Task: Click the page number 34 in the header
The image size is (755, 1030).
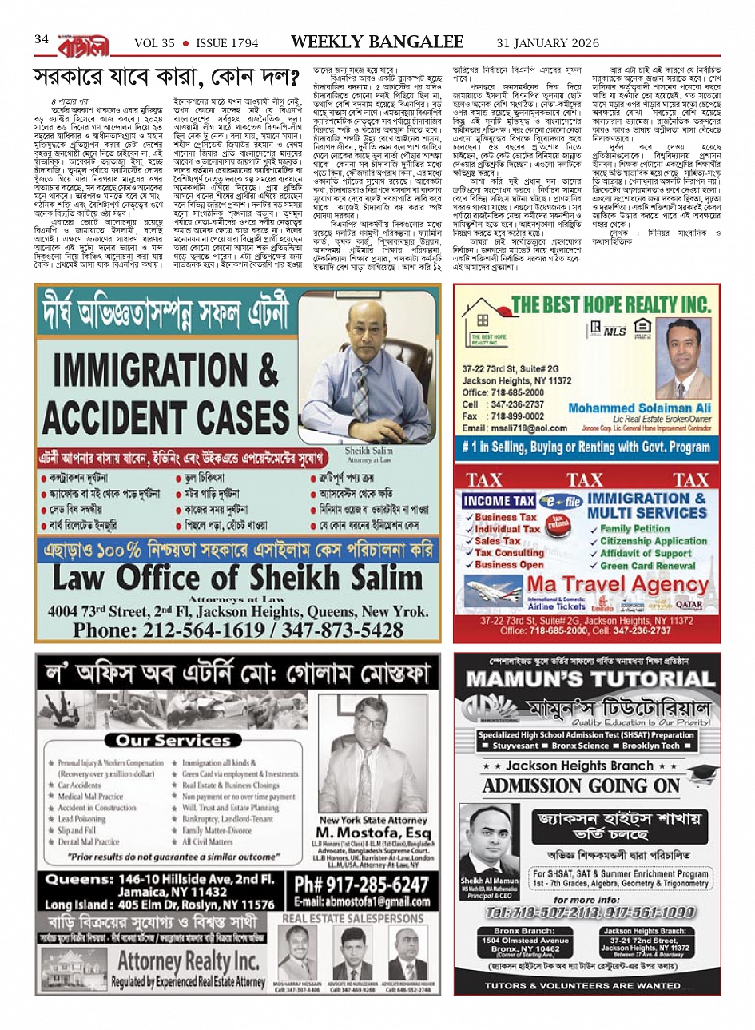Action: pos(42,39)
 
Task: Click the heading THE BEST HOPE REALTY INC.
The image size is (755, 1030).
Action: pos(610,305)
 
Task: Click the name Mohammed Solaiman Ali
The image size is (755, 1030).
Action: pos(639,408)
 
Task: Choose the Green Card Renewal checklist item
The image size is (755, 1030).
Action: pos(648,565)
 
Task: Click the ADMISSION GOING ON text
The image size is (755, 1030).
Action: pos(581,786)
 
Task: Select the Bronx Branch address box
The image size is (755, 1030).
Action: pos(524,943)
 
